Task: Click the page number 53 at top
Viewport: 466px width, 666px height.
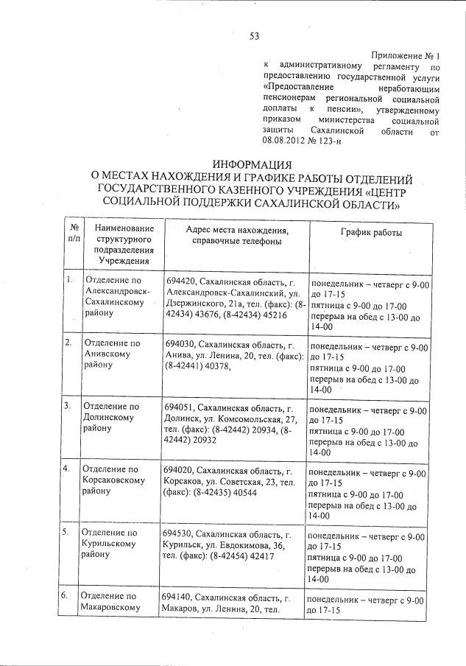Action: [x=253, y=35]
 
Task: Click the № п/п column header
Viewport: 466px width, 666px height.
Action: [x=74, y=235]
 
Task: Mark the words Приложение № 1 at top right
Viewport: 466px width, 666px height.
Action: [x=405, y=56]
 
